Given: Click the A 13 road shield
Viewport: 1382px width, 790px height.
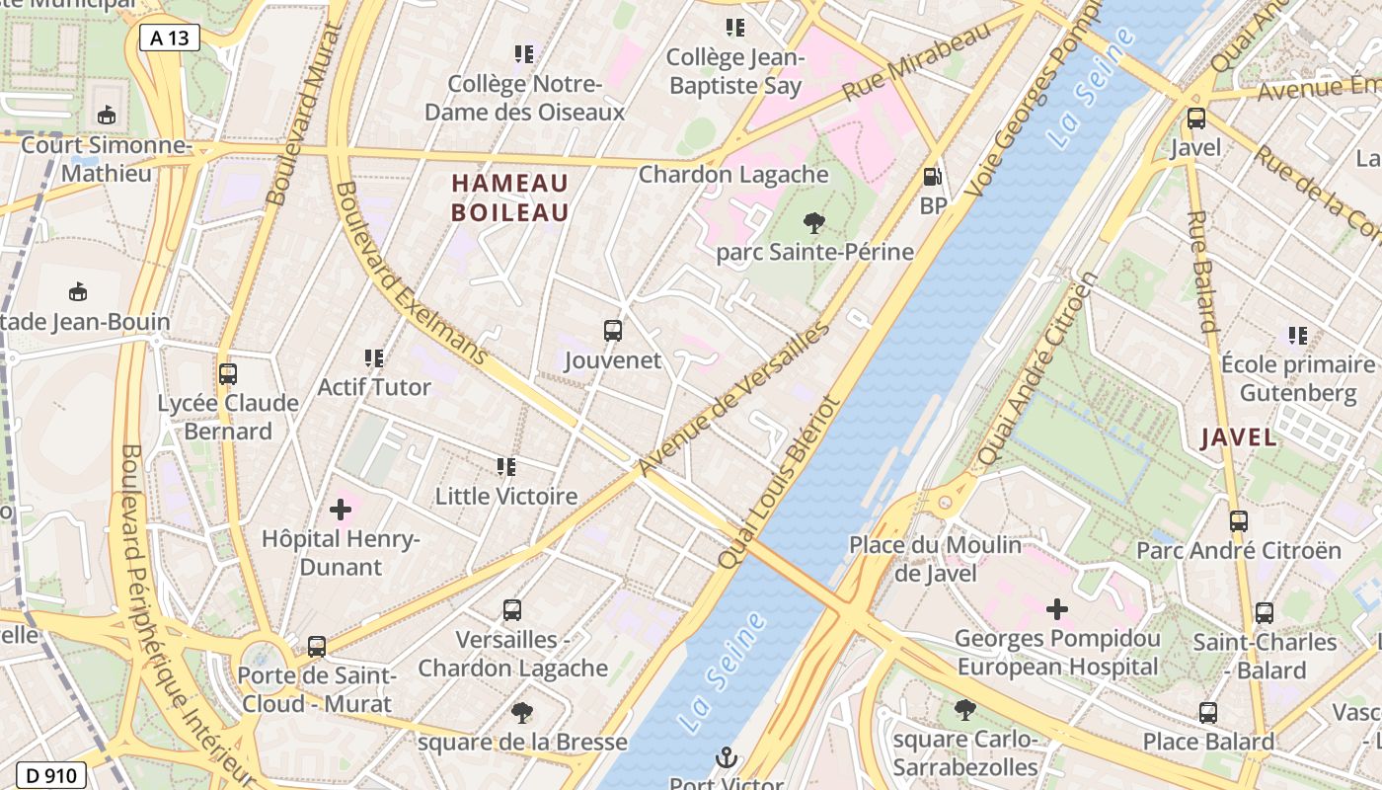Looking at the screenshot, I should click(x=170, y=39).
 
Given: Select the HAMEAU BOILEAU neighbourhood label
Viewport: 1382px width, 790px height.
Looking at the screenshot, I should click(x=510, y=197).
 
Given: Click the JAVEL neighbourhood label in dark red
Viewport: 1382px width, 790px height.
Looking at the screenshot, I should click(x=1239, y=437).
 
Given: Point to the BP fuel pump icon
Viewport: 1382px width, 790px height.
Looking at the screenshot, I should click(x=931, y=177).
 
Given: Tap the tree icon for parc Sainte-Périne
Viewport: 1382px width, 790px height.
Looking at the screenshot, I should click(x=814, y=223).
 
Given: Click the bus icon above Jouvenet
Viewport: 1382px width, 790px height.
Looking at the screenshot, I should click(x=613, y=331).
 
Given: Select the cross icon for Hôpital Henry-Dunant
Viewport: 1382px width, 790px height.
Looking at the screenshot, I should click(x=341, y=511).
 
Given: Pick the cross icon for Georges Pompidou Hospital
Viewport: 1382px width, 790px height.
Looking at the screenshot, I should click(x=1056, y=609).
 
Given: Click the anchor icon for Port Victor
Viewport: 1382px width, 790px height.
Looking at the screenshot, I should click(x=727, y=758).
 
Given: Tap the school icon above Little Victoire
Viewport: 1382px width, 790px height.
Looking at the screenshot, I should click(x=506, y=466).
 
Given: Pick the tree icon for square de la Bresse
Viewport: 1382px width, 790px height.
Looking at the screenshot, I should click(x=522, y=713).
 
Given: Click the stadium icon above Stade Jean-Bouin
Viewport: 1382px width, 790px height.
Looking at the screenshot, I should click(x=78, y=292).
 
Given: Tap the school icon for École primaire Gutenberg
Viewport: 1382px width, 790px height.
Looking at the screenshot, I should click(x=1297, y=336).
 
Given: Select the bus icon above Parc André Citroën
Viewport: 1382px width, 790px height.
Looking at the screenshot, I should click(x=1239, y=521).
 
